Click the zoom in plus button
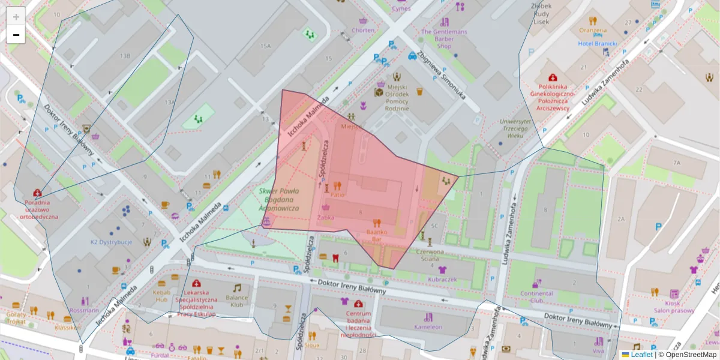(x=16, y=17)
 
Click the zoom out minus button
(x=16, y=35)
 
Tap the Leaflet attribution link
(x=641, y=355)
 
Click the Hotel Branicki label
(x=598, y=44)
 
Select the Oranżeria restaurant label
(x=593, y=30)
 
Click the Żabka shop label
(x=326, y=217)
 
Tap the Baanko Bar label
(x=377, y=235)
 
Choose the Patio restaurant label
(x=337, y=194)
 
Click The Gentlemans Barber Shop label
(x=443, y=38)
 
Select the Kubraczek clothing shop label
(x=443, y=280)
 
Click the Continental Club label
(x=536, y=296)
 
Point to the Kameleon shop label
(x=428, y=327)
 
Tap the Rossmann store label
(x=84, y=310)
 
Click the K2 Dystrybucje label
(x=111, y=242)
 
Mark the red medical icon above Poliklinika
(x=553, y=77)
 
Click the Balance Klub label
(x=237, y=301)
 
